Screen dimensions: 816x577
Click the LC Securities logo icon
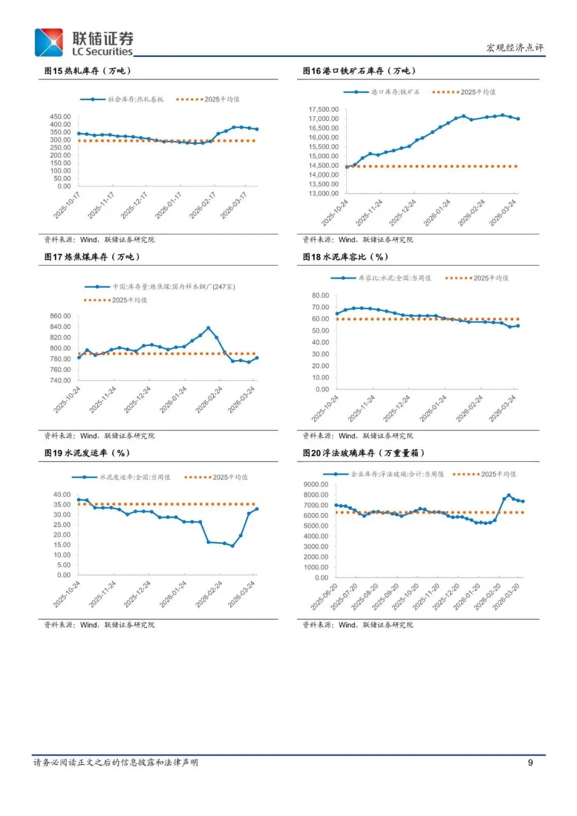pyautogui.click(x=49, y=43)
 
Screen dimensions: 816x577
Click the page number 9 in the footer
pyautogui.click(x=530, y=763)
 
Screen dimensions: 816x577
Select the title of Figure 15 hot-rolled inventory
pyautogui.click(x=88, y=71)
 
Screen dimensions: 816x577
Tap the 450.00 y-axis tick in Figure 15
pyautogui.click(x=60, y=116)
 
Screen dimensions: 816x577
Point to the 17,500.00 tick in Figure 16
pyautogui.click(x=323, y=110)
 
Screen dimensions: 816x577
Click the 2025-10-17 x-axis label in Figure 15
pyautogui.click(x=67, y=206)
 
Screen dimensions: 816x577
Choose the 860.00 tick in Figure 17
pyautogui.click(x=60, y=316)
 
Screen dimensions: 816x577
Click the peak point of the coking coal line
pyautogui.click(x=208, y=328)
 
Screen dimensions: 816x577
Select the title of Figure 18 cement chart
pyautogui.click(x=345, y=257)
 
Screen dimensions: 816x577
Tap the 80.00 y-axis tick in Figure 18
pyautogui.click(x=321, y=296)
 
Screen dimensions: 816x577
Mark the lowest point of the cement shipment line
pyautogui.click(x=232, y=546)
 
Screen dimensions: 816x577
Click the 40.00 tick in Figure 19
pyautogui.click(x=62, y=495)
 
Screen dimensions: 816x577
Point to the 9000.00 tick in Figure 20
pyautogui.click(x=316, y=485)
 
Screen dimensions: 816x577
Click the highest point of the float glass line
pyautogui.click(x=509, y=495)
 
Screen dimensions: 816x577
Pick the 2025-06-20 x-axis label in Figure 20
pyautogui.click(x=324, y=597)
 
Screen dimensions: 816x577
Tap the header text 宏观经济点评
pyautogui.click(x=514, y=48)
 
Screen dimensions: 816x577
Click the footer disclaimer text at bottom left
pyautogui.click(x=115, y=763)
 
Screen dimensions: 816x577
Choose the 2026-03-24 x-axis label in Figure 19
pyautogui.click(x=241, y=594)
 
